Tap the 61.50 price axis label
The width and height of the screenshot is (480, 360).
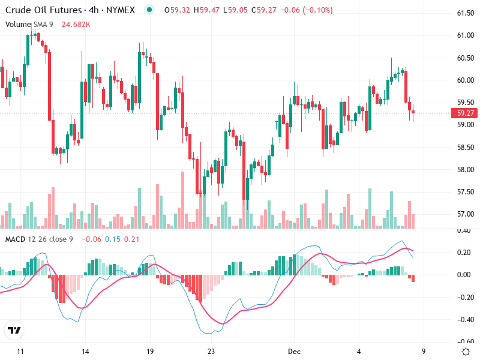coord(466,13)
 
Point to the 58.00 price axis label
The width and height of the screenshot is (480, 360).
coord(466,169)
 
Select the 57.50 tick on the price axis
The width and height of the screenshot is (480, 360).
coord(466,192)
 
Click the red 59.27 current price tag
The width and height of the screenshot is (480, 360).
coord(466,113)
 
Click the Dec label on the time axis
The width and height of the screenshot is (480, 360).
coord(293,352)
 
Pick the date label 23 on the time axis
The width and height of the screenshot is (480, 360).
coord(211,352)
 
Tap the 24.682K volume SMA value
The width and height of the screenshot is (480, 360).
coord(76,24)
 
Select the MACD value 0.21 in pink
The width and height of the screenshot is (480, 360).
coord(131,239)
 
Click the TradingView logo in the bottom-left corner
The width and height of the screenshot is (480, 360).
coord(14,330)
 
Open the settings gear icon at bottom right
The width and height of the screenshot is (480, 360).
coord(466,352)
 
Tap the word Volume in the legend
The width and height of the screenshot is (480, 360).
coord(17,24)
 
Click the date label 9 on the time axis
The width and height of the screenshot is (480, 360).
coord(424,352)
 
